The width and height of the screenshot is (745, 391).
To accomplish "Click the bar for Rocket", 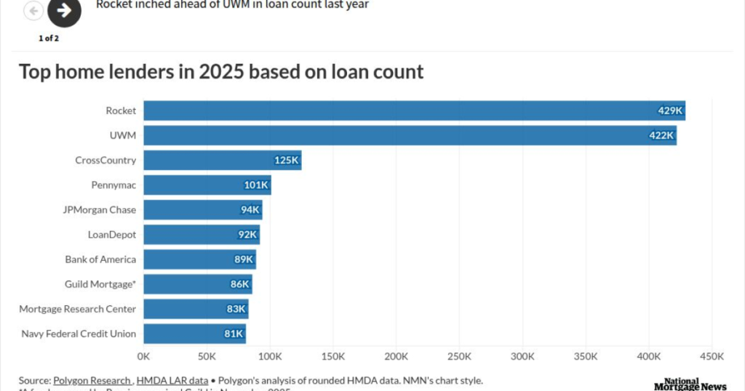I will click(x=414, y=111).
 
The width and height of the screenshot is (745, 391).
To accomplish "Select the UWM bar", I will click(x=410, y=135).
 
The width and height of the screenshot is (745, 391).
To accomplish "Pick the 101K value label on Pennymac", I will click(x=256, y=185).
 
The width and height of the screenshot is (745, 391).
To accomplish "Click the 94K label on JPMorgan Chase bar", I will click(x=250, y=210).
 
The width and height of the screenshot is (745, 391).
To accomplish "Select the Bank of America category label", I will click(x=100, y=259).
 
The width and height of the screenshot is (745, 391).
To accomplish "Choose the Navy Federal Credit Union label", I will click(x=77, y=334).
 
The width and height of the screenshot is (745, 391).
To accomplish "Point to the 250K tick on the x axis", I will click(x=460, y=357).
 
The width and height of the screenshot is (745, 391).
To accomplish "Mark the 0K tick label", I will click(x=143, y=357).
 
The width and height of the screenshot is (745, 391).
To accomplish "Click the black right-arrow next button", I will click(x=64, y=10).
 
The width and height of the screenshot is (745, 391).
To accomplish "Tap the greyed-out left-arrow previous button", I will click(x=34, y=10).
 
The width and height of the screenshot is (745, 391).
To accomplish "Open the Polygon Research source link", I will click(x=92, y=380).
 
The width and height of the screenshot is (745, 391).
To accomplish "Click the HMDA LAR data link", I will click(x=171, y=380).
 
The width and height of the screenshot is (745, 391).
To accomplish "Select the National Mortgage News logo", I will click(x=690, y=384).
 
